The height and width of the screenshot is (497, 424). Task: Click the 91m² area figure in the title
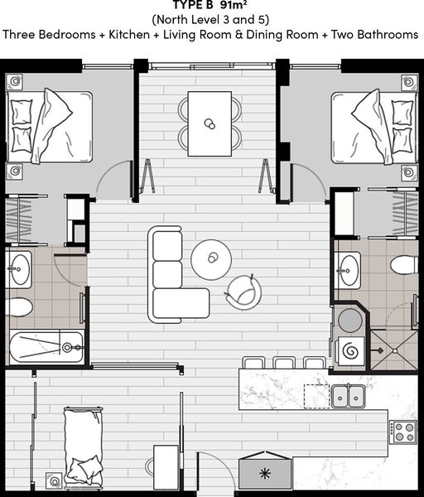[234, 5]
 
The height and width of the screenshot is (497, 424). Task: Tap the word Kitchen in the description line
[129, 34]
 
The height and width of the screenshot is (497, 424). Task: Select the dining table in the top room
[210, 123]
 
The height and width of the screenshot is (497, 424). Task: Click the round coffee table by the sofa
[211, 259]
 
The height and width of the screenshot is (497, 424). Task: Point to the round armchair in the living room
[243, 292]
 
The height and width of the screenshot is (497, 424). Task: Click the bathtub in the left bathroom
[47, 347]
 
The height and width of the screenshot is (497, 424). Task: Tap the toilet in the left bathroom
[19, 306]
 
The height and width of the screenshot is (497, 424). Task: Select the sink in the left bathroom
[19, 269]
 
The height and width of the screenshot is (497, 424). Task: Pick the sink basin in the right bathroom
[348, 270]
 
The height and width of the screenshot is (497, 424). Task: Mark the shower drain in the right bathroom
[394, 351]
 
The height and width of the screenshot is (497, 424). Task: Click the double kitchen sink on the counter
[349, 396]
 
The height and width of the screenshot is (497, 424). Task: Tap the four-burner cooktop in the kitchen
[403, 432]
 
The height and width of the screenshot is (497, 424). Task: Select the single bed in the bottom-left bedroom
[84, 448]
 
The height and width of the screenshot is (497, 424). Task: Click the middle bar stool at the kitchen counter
[284, 363]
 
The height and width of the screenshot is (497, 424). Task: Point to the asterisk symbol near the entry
[264, 474]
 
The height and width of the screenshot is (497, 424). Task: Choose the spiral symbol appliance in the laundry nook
[350, 351]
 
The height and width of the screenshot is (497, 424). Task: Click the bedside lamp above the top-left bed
[15, 82]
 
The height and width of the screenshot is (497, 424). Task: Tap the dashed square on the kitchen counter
[316, 396]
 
